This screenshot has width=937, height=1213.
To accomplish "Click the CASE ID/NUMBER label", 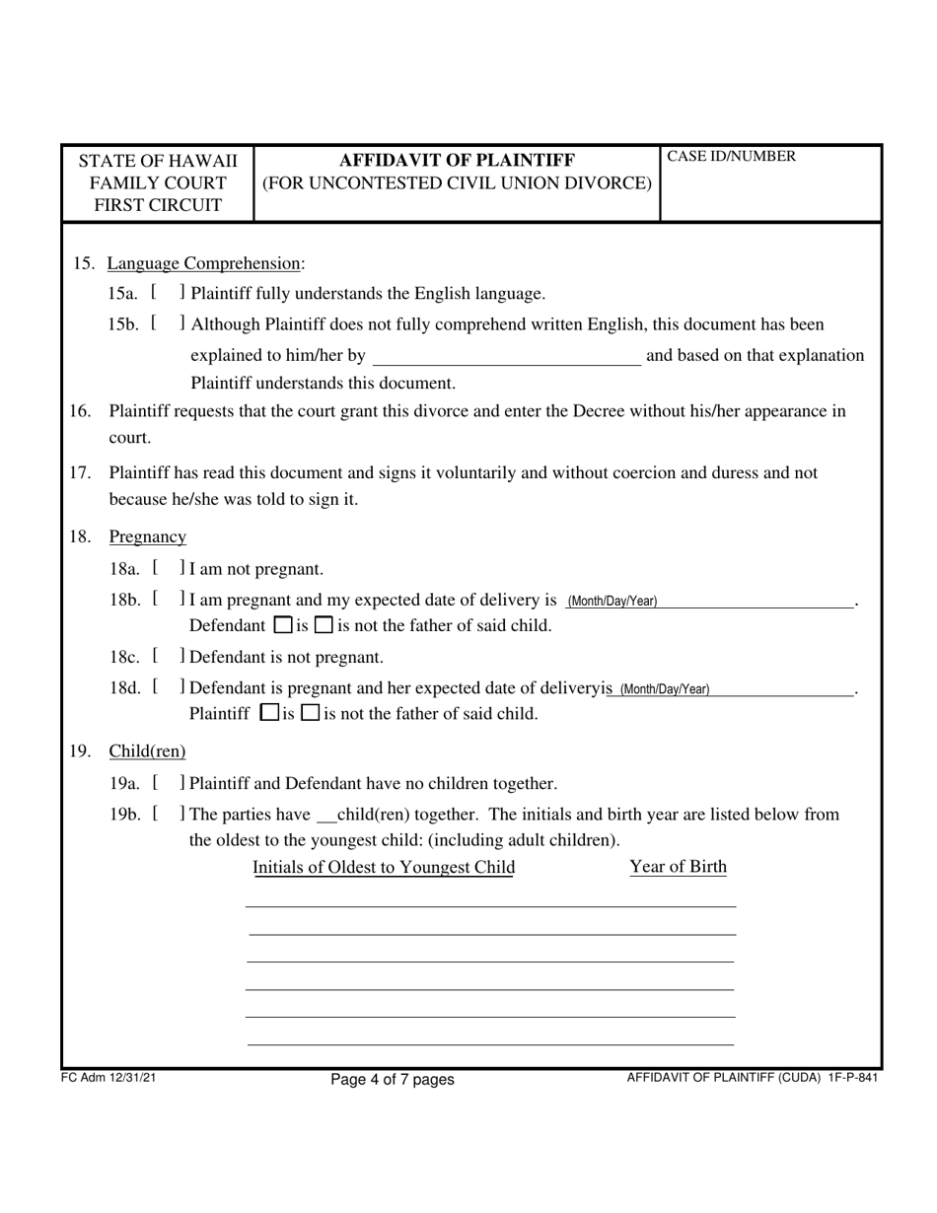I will pos(731,156).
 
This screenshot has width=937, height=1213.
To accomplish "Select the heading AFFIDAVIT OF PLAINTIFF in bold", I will pos(457,160).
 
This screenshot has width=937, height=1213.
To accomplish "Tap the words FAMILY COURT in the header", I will pos(158,182).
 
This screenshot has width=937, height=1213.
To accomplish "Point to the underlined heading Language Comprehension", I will pos(203,263).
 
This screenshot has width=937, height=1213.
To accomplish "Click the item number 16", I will pos(80,411).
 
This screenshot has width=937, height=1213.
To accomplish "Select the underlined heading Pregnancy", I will pos(147,536).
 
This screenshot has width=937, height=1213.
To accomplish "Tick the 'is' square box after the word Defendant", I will pos(282,625).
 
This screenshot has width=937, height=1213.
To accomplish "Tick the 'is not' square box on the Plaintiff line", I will pos(310,713).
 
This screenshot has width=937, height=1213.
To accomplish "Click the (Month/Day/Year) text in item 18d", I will pos(664,689).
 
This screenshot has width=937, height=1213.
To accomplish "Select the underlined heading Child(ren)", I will pos(147,751).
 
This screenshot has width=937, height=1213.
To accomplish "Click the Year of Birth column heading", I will pos(679,867).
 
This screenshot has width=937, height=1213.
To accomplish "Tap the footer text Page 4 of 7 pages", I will pos(393,1079).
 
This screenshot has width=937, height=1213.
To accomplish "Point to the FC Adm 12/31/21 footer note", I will pos(108,1078).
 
